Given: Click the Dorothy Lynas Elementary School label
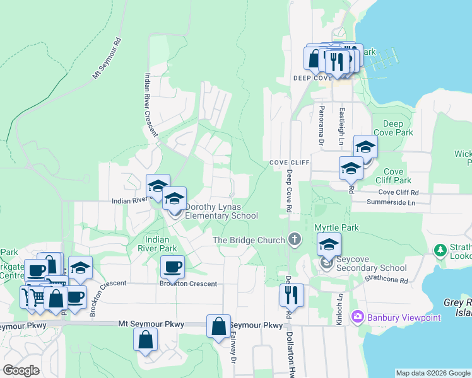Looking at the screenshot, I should pos(221,211).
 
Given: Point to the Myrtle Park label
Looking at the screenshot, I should pos(336,226).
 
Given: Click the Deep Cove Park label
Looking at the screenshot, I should pos(392,129).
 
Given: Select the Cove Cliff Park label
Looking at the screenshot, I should pos(394,176).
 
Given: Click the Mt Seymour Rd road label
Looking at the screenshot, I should pos(106,60).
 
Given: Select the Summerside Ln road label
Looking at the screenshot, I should pos(392,203).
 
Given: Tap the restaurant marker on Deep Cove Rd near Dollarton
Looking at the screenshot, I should pos(292,295).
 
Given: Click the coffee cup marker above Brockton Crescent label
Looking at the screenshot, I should pos(172,267).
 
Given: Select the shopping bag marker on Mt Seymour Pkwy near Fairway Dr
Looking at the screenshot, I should pos(218,327).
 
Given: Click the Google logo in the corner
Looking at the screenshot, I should pos(21,370).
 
